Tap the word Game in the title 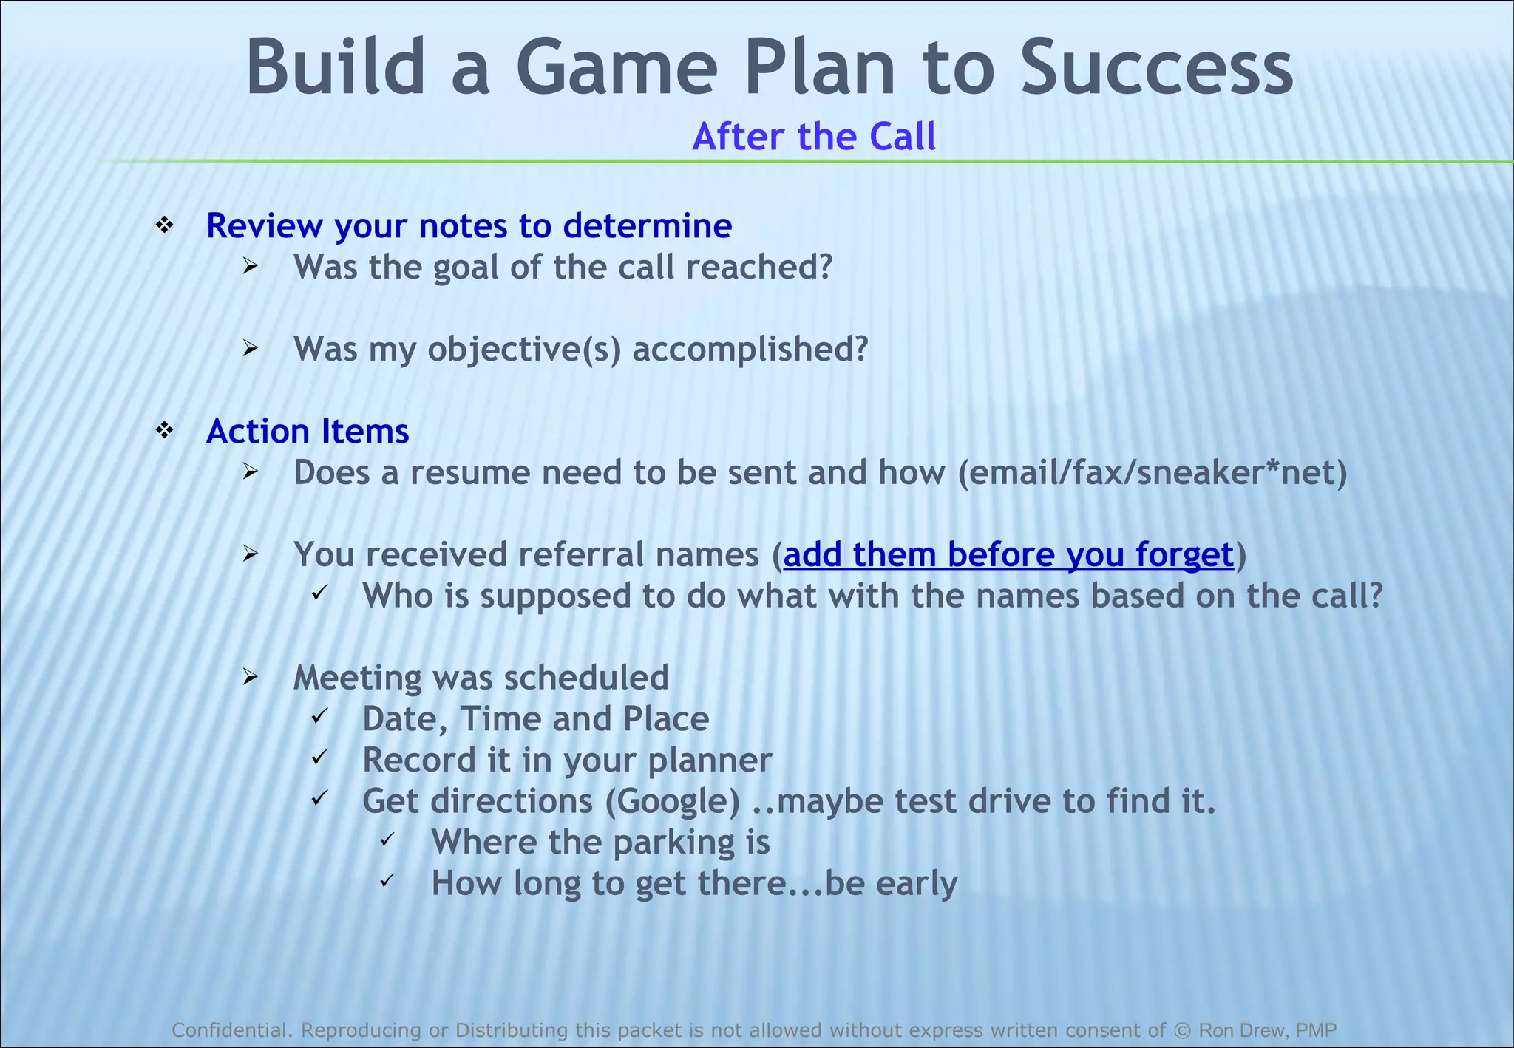pyautogui.click(x=617, y=68)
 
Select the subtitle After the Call pyautogui.click(x=814, y=137)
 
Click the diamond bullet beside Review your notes pyautogui.click(x=164, y=225)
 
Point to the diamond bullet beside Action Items pyautogui.click(x=164, y=430)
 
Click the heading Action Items pyautogui.click(x=308, y=431)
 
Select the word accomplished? pyautogui.click(x=750, y=349)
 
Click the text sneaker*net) pyautogui.click(x=1242, y=472)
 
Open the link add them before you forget pyautogui.click(x=1008, y=554)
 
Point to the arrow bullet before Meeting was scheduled pyautogui.click(x=250, y=676)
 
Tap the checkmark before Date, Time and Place pyautogui.click(x=319, y=716)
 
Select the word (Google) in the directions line pyautogui.click(x=672, y=801)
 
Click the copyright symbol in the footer pyautogui.click(x=1182, y=1030)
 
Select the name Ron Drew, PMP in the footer pyautogui.click(x=1267, y=1030)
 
